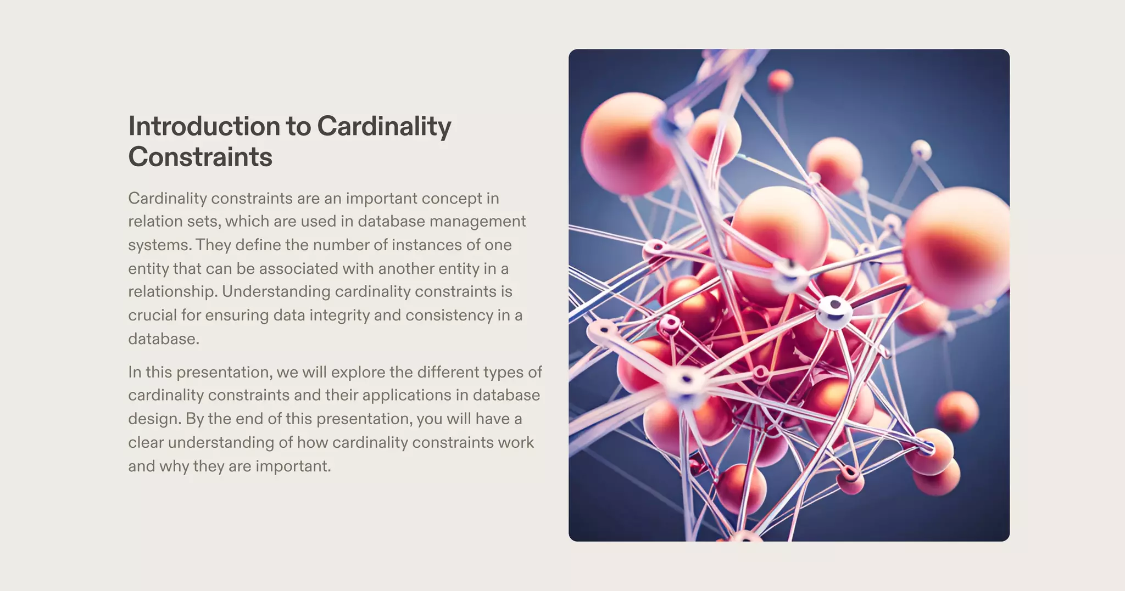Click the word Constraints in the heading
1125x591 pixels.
pos(200,157)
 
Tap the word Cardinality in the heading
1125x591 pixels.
pos(384,127)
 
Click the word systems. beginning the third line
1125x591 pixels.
pos(159,245)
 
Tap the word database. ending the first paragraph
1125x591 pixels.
pos(164,339)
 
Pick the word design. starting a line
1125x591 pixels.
pos(154,419)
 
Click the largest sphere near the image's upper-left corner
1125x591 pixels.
pos(626,144)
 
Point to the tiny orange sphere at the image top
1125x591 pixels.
pos(780,81)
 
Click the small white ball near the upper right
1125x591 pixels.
pos(921,149)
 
